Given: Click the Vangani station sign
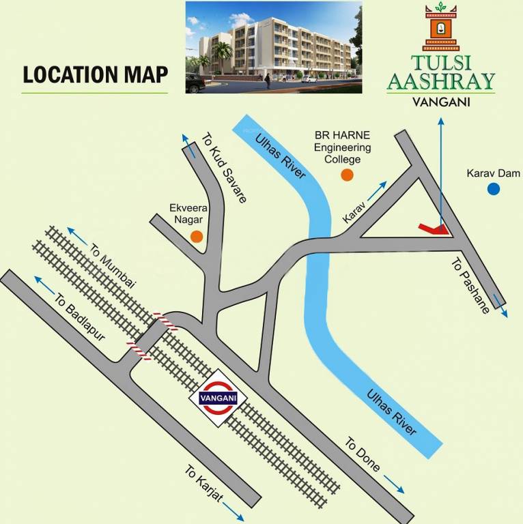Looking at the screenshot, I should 218,398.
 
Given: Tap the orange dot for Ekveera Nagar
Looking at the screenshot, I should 197,237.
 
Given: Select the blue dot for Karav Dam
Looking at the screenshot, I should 493,189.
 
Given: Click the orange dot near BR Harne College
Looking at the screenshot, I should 348,175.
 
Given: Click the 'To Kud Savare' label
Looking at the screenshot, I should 223,166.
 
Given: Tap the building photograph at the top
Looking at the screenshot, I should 274,47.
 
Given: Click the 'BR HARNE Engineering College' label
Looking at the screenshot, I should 343,147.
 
